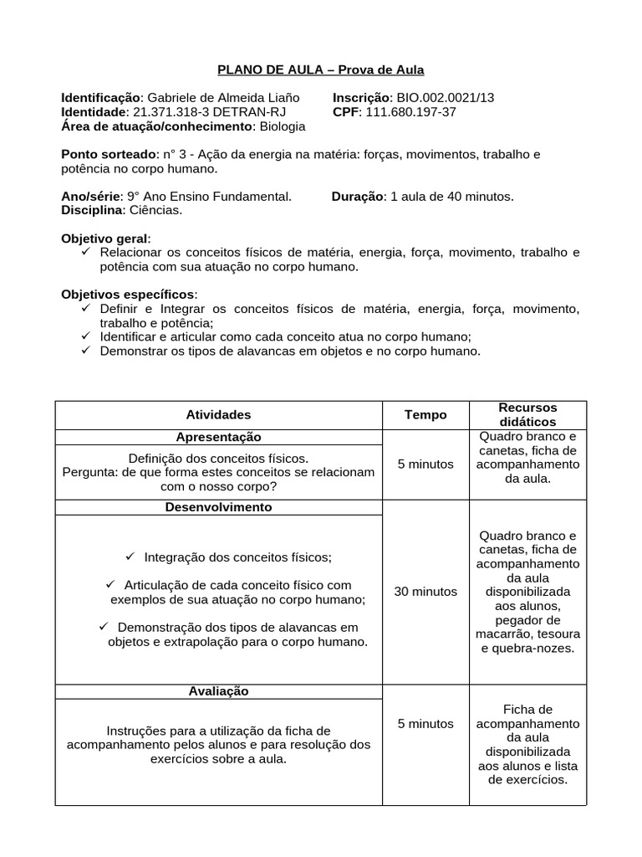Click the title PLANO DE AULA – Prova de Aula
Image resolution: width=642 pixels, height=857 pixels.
(321, 69)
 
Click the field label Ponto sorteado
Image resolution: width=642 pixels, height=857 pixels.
(109, 155)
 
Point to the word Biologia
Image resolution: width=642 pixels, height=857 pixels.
(283, 126)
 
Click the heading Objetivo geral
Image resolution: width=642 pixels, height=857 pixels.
(106, 239)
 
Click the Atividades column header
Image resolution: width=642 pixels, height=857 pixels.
(218, 414)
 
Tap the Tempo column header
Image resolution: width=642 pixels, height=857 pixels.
(425, 414)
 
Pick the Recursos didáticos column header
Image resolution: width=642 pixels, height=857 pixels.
(527, 414)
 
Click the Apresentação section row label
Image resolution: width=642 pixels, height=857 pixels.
(218, 437)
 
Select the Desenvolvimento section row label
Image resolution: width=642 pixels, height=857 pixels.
(218, 507)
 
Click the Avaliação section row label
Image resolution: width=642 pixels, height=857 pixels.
(218, 691)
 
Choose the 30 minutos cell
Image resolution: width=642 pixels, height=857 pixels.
(425, 592)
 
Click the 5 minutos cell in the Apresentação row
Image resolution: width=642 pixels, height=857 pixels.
(425, 464)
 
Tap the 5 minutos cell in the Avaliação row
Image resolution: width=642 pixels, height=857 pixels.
(425, 723)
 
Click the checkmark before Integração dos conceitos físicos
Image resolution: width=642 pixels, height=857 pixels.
(130, 557)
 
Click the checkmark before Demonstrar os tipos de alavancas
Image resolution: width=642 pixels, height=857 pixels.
(86, 351)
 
